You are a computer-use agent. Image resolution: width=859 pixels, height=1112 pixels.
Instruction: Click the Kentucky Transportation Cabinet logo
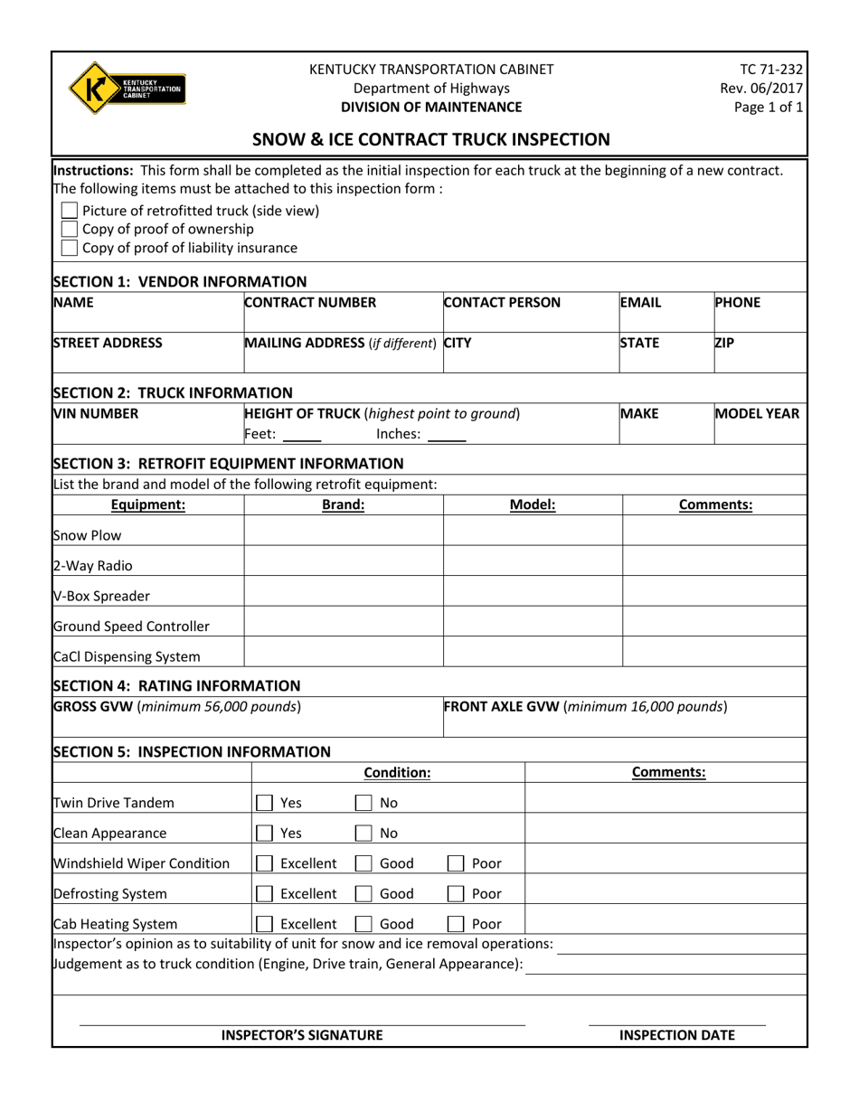pos(127,89)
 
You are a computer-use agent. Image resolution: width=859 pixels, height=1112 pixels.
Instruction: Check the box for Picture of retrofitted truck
pos(69,211)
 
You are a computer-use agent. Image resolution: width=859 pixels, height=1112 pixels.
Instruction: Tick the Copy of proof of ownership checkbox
pos(69,229)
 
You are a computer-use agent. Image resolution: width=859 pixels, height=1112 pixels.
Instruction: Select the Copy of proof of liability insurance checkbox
pos(69,248)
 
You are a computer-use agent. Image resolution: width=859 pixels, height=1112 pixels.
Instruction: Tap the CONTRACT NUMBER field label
pos(310,303)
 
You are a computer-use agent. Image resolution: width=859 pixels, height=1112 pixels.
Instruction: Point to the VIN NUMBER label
pos(97,414)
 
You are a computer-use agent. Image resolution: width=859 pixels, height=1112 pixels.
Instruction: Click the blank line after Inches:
pos(447,436)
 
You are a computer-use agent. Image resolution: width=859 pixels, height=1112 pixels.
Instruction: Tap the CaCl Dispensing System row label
pos(127,657)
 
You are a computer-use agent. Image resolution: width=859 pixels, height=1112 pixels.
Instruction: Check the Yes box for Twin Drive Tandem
pos(265,803)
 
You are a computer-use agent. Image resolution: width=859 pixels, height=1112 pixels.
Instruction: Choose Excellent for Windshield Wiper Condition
pos(265,863)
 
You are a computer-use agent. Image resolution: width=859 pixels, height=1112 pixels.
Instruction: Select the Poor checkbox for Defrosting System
pos(457,894)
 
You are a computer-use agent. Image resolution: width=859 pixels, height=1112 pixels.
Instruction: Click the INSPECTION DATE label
pos(676,1035)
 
